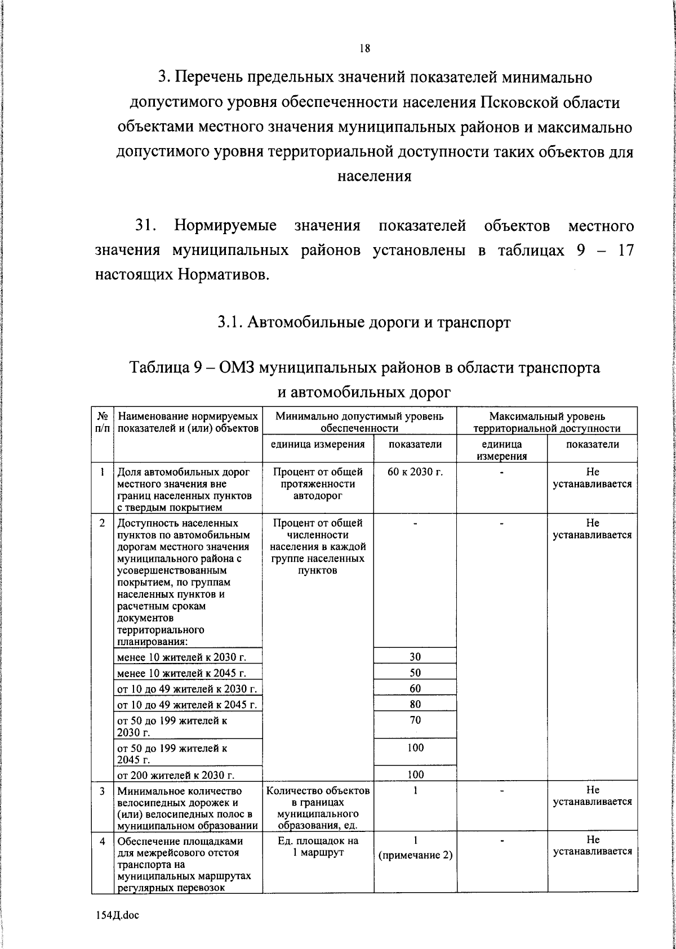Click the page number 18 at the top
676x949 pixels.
pos(364,48)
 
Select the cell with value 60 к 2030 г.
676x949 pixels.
pos(415,472)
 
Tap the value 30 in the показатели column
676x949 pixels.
pos(415,656)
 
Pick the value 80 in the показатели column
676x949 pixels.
pos(415,704)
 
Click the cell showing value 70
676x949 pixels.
pos(415,720)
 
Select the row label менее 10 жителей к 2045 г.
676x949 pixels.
pos(181,673)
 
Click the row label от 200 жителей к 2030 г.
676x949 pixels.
pos(175,775)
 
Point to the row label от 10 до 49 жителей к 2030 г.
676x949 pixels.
pos(186,689)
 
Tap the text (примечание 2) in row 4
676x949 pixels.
pos(416,855)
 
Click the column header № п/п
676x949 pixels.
pos(103,422)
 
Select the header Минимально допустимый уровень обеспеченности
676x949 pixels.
pos(359,422)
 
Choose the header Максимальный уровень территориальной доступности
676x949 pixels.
pos(547,422)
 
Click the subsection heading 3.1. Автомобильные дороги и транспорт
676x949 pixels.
pos(364,323)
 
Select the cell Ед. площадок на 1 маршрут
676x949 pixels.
pos(318,846)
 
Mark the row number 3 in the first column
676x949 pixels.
pos(103,791)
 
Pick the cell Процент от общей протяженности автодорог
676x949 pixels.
pos(318,484)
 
